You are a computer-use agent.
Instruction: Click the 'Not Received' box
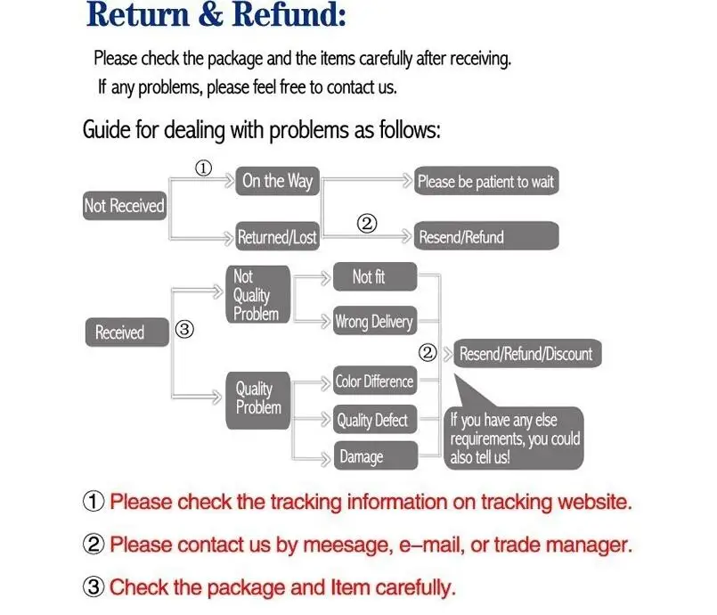tap(124, 206)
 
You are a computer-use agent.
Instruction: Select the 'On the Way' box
tap(277, 181)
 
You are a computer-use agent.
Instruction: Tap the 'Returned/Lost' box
tap(277, 237)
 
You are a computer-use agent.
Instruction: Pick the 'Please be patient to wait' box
tap(486, 181)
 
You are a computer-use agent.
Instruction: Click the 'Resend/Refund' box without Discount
tap(486, 237)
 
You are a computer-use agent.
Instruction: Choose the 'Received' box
tap(126, 332)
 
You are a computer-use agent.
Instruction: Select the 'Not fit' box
tap(374, 277)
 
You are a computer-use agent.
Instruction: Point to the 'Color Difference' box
tap(374, 381)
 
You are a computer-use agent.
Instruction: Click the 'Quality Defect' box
tap(372, 420)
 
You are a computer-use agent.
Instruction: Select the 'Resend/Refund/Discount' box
tap(526, 354)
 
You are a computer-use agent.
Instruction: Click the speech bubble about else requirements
tap(515, 437)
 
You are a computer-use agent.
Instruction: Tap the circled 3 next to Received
tap(183, 330)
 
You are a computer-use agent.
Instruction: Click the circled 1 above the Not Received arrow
tap(204, 168)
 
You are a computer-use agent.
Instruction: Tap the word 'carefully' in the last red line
tap(407, 586)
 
